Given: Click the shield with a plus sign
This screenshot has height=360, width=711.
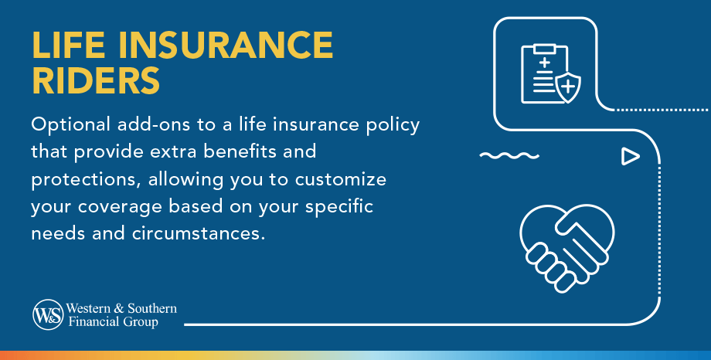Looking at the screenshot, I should pos(569,87).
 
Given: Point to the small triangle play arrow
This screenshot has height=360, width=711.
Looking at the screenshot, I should pos(631,157).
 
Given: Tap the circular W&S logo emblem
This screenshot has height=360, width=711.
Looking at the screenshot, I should pos(47,314).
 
